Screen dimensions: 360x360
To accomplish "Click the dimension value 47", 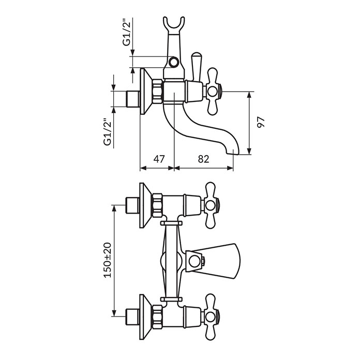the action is coord(159,159).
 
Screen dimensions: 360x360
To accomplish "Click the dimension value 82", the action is coord(203,159).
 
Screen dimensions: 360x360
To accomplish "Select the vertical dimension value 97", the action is coord(261,122).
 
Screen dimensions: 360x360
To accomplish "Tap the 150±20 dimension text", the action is coord(108,260).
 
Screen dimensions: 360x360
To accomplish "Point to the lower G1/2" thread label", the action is coord(108,132).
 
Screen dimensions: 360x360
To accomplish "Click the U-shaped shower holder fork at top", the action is coord(174,25).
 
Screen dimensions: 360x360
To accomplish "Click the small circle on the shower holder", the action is coord(174,62).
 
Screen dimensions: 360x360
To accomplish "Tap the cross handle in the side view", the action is coord(213,92).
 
